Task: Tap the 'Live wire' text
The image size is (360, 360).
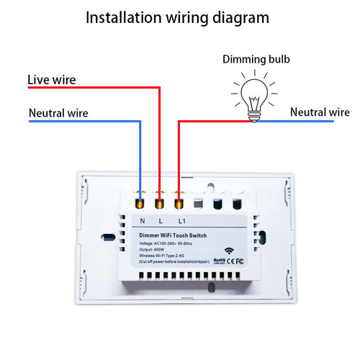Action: point(51,79)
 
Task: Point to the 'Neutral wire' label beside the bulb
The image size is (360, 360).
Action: point(320,112)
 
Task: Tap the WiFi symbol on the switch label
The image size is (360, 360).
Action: point(230,251)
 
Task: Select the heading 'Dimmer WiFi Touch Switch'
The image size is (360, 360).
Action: point(173,236)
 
